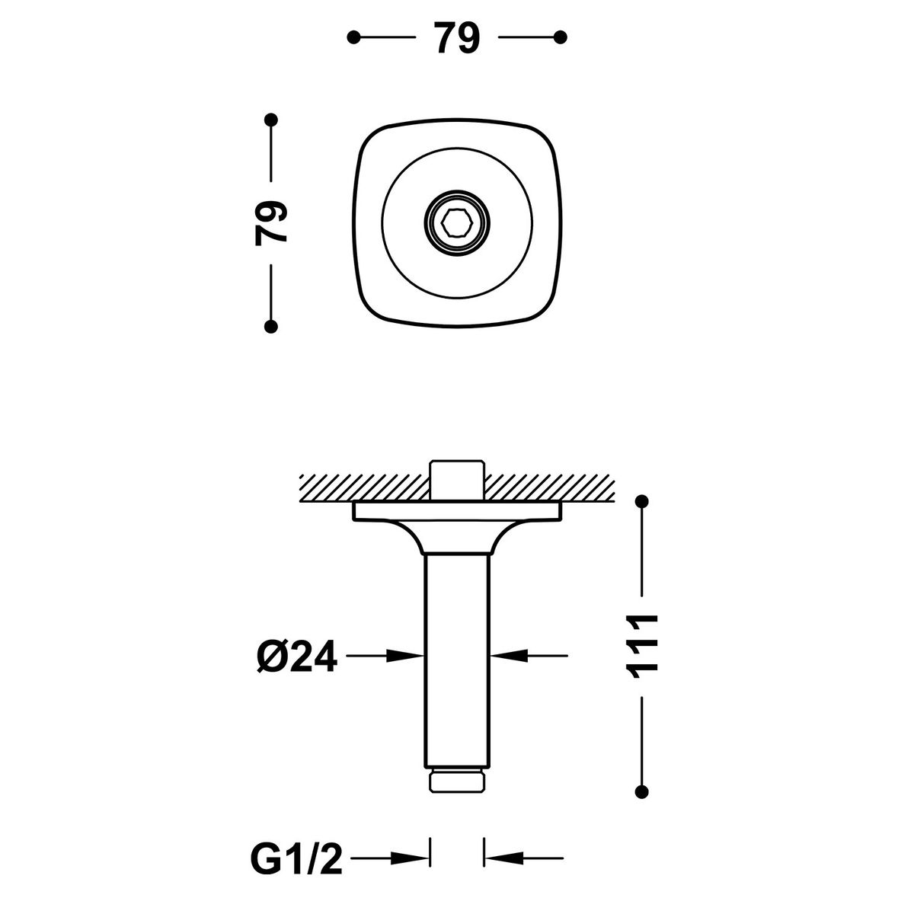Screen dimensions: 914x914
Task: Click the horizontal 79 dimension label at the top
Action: point(457,37)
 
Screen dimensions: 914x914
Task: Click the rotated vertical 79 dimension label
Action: point(271,223)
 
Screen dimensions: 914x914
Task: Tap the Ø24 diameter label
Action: point(297,656)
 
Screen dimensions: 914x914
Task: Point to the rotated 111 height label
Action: point(642,646)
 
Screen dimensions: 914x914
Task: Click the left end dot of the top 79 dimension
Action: point(353,37)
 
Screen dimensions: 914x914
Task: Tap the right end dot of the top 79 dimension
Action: point(560,37)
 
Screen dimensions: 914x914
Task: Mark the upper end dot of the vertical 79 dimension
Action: point(271,120)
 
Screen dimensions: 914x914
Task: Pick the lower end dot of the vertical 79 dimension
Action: point(271,326)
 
